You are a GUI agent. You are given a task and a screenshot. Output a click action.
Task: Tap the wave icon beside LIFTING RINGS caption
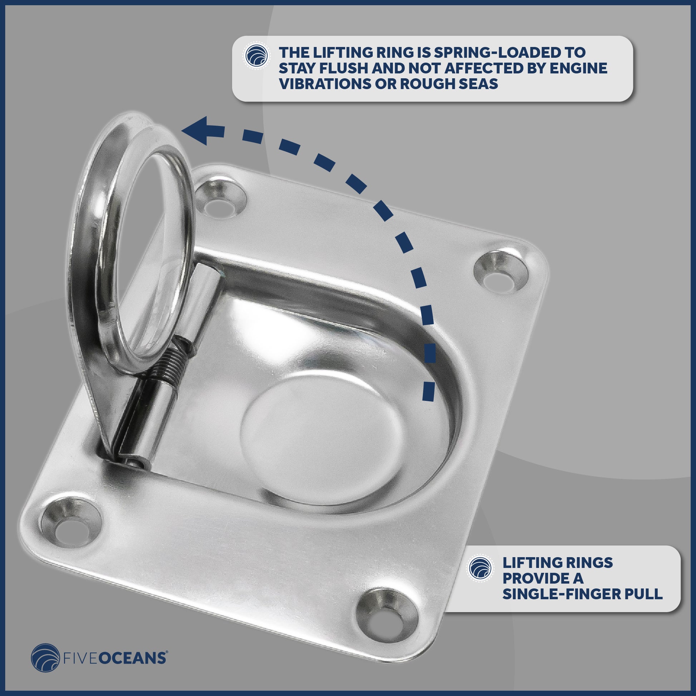point(480,568)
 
